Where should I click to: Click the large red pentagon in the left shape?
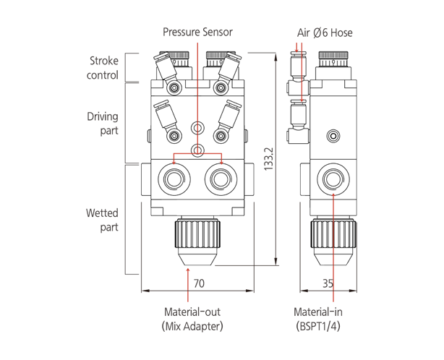click(198, 109)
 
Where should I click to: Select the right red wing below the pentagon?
click(218, 151)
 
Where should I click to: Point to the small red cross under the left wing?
click(173, 162)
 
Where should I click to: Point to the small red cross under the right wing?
click(223, 162)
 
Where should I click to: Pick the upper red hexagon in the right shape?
click(299, 63)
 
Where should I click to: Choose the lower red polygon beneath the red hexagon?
click(300, 87)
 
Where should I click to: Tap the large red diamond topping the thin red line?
click(333, 208)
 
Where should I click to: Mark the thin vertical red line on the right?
click(333, 231)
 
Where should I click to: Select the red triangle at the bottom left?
click(185, 277)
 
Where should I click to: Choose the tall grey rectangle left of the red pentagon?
click(145, 101)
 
